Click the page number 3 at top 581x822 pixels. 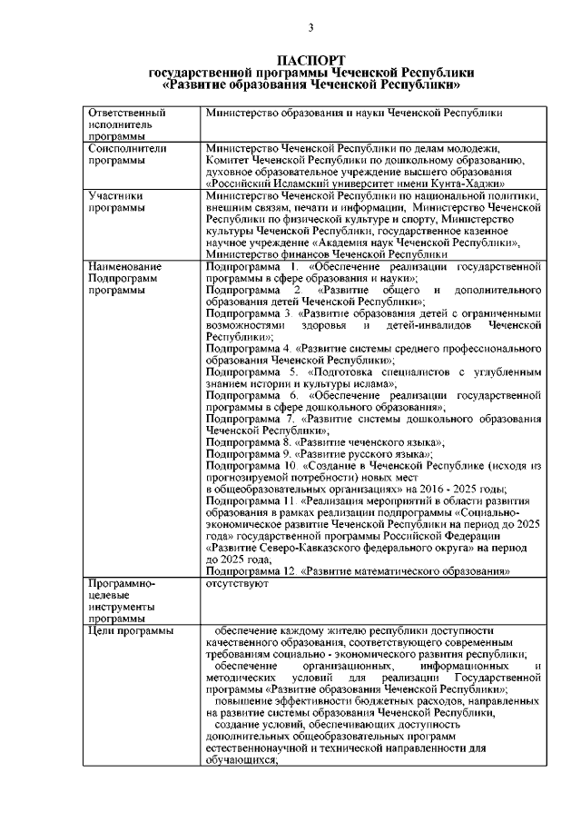click(x=310, y=27)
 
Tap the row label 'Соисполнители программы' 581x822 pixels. click(x=122, y=154)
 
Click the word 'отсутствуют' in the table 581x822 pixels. click(x=234, y=585)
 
